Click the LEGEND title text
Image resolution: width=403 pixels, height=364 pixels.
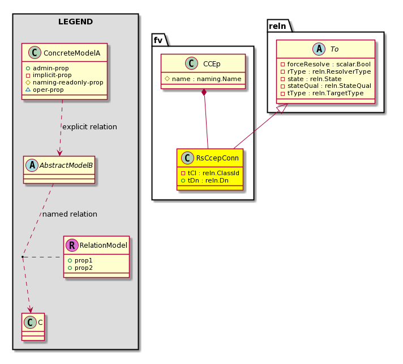[76, 22]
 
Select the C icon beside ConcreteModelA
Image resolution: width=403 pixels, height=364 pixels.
[35, 53]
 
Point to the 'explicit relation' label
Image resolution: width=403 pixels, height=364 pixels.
[89, 126]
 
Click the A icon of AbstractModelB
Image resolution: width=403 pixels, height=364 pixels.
[32, 165]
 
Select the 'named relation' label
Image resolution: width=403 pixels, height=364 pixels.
[70, 214]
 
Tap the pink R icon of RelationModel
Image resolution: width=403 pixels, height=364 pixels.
[72, 245]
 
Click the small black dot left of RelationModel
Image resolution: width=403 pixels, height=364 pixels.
[23, 257]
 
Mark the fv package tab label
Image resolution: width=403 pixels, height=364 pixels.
[158, 40]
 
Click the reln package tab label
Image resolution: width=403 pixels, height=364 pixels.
[277, 26]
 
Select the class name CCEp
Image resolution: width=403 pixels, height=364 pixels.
[212, 64]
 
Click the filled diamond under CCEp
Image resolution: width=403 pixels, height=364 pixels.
[204, 92]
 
